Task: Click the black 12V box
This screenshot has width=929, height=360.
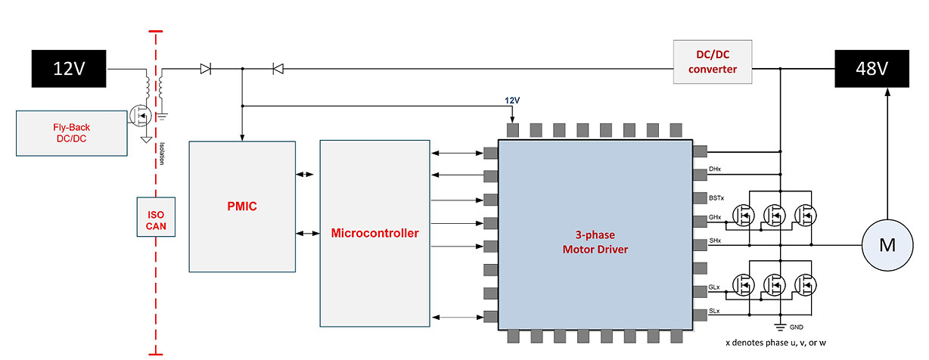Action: point(69,68)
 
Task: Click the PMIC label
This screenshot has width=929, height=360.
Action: point(242,206)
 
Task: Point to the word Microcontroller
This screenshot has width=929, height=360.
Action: point(374,233)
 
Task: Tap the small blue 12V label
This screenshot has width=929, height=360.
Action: point(513,100)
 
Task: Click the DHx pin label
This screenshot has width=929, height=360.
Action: point(716,169)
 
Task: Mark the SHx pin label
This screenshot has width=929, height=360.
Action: point(716,241)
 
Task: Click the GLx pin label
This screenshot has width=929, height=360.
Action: point(715,289)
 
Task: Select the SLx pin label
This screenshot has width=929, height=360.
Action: point(715,312)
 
